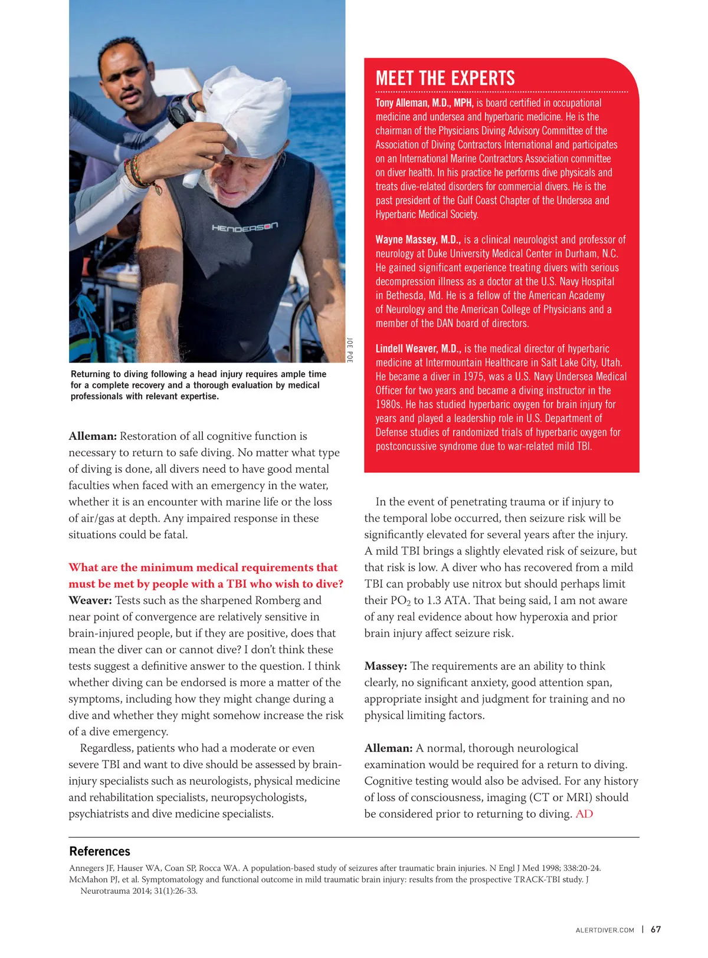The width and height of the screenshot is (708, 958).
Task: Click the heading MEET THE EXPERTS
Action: tap(445, 78)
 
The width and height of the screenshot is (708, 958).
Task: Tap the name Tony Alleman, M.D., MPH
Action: tap(424, 103)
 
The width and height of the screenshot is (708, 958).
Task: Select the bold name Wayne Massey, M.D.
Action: tap(418, 240)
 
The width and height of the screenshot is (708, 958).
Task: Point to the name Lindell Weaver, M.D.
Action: tap(418, 349)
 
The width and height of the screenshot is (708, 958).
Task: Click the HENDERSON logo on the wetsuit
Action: tap(244, 227)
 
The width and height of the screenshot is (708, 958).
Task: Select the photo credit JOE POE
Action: tap(350, 350)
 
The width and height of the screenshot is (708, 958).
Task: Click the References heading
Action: tap(100, 851)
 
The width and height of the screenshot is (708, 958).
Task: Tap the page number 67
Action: tap(655, 930)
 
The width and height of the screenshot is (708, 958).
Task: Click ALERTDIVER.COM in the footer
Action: tap(605, 930)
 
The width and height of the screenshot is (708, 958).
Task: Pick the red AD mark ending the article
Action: tap(584, 814)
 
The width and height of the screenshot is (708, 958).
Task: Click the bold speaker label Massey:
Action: tap(385, 666)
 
